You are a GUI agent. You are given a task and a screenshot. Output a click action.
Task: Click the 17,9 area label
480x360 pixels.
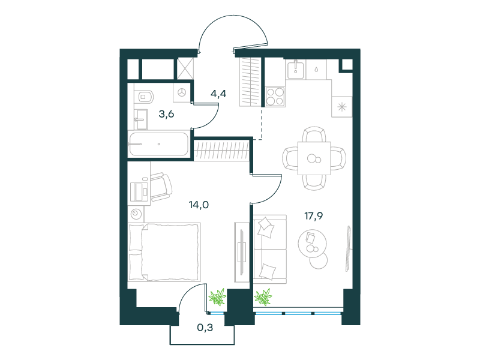tap(313, 217)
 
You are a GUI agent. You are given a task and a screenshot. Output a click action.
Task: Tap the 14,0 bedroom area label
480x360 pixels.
tap(199, 205)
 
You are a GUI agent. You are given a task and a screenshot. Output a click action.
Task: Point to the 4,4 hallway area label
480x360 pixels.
tap(218, 94)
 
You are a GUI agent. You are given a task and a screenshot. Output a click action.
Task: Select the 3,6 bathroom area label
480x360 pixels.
tap(167, 114)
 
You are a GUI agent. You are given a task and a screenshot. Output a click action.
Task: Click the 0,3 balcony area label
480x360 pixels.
tap(205, 328)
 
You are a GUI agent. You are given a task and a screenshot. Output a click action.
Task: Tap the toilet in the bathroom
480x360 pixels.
tap(144, 97)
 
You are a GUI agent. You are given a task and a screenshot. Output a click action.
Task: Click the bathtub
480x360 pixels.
tap(158, 144)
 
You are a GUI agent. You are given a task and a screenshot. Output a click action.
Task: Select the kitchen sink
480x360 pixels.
tap(296, 69)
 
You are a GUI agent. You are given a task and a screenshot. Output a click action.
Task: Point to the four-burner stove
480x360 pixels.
tap(275, 97)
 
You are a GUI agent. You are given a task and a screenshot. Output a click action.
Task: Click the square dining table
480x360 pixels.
tap(314, 158)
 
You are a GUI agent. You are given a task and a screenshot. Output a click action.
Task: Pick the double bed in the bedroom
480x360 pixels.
tap(164, 252)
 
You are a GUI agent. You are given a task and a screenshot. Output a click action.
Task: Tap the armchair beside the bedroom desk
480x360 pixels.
tap(161, 187)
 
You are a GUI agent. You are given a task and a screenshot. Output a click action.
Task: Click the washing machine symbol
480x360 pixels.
tap(182, 92)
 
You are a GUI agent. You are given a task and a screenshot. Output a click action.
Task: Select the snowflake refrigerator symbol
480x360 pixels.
tap(342, 107)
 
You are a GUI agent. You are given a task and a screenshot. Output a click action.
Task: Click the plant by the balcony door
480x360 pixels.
tap(217, 296)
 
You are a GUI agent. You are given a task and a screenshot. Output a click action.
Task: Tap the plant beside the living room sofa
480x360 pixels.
tap(263, 296)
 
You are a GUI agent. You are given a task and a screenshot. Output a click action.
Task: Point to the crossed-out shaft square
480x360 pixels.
tap(185, 69)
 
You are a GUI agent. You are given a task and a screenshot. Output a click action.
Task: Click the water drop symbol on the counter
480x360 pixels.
tap(316, 69)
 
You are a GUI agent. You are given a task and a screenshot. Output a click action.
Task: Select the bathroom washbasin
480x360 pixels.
tap(141, 119)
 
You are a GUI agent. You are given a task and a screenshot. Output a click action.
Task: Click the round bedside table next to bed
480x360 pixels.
tap(136, 213)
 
